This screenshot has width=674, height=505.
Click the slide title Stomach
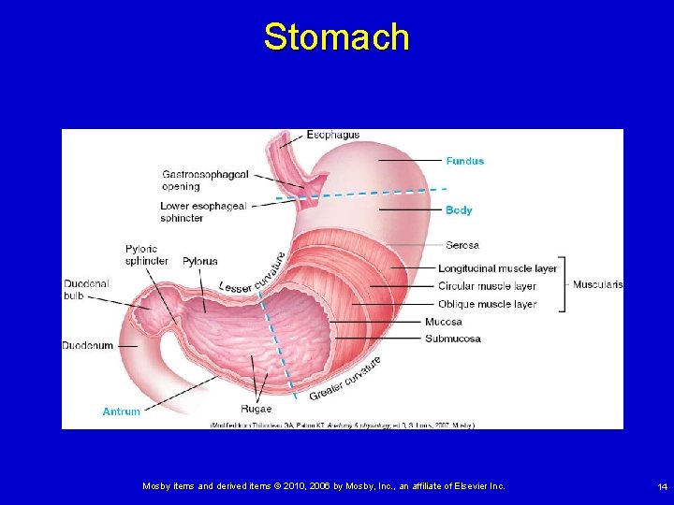click(x=336, y=37)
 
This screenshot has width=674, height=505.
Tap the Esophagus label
click(x=332, y=135)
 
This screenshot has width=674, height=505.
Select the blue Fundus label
click(x=464, y=161)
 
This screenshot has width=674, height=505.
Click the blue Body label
click(x=459, y=210)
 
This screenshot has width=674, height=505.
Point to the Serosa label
click(x=462, y=245)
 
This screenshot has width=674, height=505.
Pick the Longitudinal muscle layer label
click(x=497, y=268)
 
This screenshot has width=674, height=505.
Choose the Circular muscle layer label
click(x=487, y=286)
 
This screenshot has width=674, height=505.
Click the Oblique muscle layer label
click(x=487, y=304)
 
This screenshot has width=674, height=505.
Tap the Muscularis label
click(x=597, y=284)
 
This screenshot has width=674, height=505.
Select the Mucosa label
click(x=443, y=322)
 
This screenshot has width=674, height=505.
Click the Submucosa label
click(x=452, y=339)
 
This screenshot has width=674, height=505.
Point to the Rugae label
click(x=256, y=409)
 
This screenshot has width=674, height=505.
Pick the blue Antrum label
click(x=121, y=411)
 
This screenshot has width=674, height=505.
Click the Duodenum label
click(x=87, y=345)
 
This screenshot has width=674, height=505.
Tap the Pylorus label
click(x=199, y=261)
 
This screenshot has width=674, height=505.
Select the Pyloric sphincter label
click(x=146, y=254)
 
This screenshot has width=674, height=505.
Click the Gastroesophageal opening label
click(x=205, y=180)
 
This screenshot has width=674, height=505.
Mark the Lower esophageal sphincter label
click(x=202, y=211)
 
